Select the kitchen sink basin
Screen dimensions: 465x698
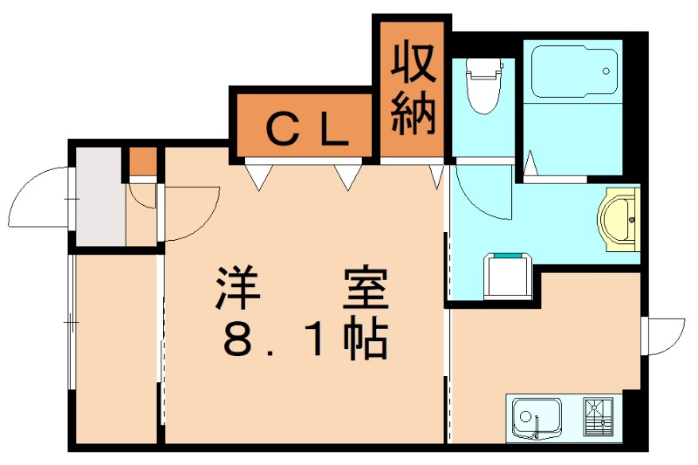pos(535,416)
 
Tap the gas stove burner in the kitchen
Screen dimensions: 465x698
pos(599,416)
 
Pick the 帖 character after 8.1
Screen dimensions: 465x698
pos(366,341)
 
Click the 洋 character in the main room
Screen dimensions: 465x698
pos(239,288)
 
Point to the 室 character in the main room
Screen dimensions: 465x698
pos(364,288)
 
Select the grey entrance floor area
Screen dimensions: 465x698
pos(98,199)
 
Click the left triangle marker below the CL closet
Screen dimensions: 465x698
pos(257,177)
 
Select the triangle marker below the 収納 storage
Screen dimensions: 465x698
pos(436,177)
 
